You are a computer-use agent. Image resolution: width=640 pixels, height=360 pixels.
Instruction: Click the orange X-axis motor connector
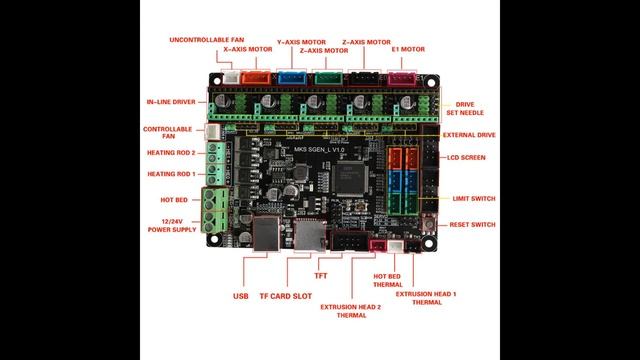pos(256,77)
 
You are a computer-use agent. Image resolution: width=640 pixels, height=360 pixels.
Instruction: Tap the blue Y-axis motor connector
pos(292,77)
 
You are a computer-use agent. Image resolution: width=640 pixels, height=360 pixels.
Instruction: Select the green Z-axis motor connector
pos(328,78)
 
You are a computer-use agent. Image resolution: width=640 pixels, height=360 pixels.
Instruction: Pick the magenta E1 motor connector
pos(402,78)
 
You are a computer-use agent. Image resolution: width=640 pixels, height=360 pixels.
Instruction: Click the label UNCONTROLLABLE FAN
pos(207,40)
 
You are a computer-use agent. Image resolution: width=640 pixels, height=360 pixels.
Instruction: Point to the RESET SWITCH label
pos(472,224)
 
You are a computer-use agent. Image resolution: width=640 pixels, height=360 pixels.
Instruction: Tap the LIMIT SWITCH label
pos(474,199)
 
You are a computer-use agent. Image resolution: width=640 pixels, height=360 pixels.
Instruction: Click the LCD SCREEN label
pos(466,158)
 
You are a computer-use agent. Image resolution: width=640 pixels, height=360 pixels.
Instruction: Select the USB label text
pos(241,296)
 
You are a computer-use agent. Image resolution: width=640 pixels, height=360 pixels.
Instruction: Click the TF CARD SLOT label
pos(286,296)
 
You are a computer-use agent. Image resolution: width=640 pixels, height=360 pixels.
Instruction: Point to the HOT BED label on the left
pos(174,200)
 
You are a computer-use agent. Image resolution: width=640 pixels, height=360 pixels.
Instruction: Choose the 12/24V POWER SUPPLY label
pos(172,226)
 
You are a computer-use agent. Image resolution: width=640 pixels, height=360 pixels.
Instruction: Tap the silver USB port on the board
pos(266,233)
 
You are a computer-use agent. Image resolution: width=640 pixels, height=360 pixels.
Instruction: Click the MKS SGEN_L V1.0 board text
pos(319,150)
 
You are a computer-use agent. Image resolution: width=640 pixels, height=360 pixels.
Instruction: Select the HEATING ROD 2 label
pos(171,153)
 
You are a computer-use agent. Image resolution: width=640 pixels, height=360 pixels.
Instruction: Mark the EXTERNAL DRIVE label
pos(469,135)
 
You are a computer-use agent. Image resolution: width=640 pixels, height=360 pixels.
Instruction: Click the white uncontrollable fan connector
pos(231,77)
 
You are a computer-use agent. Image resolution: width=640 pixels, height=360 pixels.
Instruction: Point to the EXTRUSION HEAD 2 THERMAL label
pos(351,311)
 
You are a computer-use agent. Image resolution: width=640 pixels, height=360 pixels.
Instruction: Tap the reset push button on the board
pos(428,224)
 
